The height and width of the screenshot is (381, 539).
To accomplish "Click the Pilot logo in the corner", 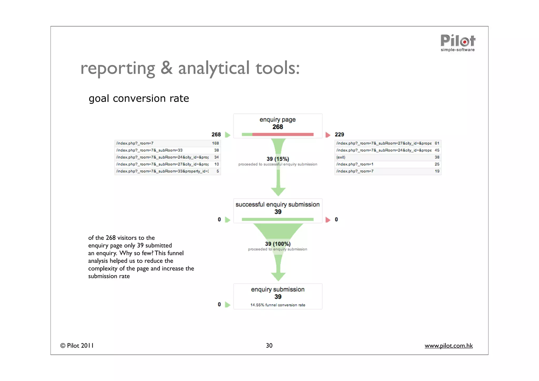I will pos(458,43).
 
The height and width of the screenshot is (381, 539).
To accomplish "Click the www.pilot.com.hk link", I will pos(448,345).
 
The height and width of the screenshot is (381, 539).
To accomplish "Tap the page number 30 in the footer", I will pos(269,345).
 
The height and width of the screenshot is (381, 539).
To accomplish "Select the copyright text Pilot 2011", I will pos(77,345).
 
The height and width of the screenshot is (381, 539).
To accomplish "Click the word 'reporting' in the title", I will pos(118,68).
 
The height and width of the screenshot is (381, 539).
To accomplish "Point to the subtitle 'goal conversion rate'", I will pos(139,98).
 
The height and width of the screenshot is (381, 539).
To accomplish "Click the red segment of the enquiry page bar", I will pos(283,135).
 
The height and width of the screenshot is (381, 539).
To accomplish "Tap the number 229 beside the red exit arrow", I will pos(339,135).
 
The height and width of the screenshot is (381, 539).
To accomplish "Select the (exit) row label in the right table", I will pos(341,157).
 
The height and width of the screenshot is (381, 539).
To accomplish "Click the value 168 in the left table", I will pos(215,143).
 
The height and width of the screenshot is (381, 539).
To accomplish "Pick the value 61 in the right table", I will pos(437,143).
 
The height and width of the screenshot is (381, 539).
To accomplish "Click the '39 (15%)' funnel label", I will pos(278,159).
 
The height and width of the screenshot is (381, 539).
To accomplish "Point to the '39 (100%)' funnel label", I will pos(278,244).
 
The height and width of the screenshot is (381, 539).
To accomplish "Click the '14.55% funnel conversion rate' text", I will pos(278,305).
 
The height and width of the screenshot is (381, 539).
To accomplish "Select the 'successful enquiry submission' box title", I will pos(277,205).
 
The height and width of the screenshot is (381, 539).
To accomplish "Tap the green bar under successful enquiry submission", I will pos(277,219).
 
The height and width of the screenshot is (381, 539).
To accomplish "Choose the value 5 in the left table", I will pos(218,171).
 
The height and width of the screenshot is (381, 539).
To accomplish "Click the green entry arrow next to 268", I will pos(228,135).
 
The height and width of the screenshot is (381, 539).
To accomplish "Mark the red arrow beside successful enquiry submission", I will pos(328,220).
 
